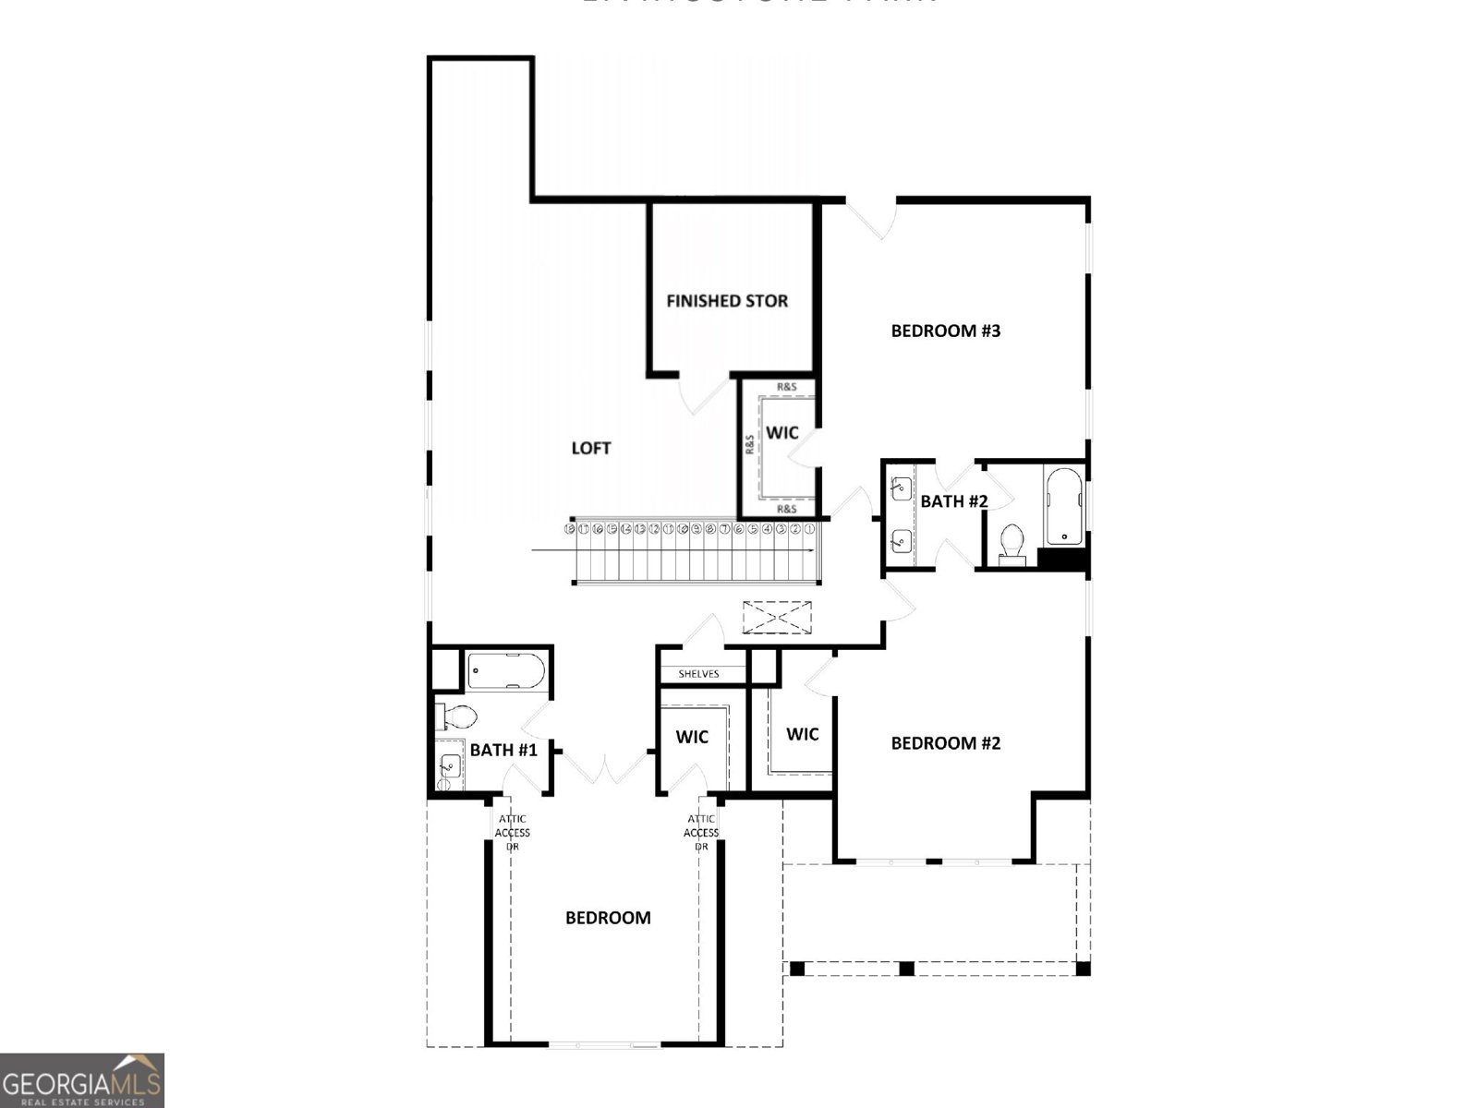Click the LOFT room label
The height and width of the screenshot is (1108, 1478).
[x=591, y=448]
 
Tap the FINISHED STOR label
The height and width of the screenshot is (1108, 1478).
[x=727, y=301]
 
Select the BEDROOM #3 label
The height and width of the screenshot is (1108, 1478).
[x=946, y=331]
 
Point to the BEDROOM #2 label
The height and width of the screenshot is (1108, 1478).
[x=946, y=743]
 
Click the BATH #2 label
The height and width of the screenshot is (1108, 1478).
[x=954, y=501]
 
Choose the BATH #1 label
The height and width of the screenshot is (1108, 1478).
[x=503, y=750]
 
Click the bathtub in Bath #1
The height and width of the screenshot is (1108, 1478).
[x=505, y=671]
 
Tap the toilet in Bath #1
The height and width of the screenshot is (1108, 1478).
[x=457, y=717]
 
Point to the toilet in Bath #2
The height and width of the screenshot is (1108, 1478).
[x=1013, y=543]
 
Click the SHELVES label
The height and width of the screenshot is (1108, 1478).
[x=698, y=674]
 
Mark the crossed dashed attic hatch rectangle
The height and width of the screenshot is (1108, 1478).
[x=777, y=617]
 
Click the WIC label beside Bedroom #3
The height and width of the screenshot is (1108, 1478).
[x=782, y=433]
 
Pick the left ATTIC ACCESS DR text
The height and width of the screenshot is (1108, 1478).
[x=513, y=832]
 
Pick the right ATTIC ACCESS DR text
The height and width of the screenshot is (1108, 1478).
[x=701, y=832]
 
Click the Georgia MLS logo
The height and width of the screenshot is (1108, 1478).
[x=82, y=1079]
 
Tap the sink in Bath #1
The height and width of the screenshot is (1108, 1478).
[x=450, y=765]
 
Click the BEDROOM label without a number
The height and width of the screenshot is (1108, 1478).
[x=608, y=918]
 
